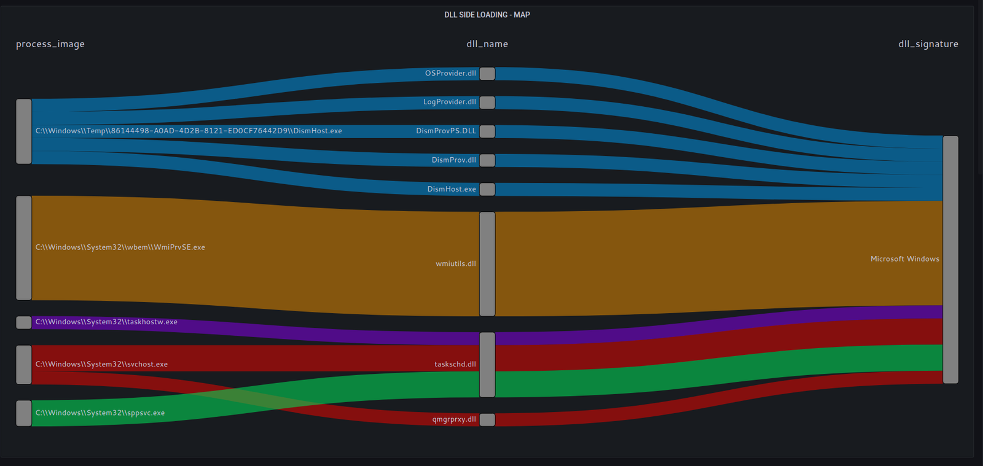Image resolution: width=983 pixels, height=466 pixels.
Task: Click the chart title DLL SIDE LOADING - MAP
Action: (x=487, y=15)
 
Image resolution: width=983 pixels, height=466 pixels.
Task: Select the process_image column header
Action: (x=50, y=44)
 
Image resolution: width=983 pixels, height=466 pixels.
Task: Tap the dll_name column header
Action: (x=487, y=44)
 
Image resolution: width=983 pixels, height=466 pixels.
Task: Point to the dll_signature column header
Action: (x=928, y=44)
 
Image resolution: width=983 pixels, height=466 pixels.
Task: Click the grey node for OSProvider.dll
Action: (x=487, y=74)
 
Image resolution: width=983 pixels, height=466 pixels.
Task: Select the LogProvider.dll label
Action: (x=449, y=102)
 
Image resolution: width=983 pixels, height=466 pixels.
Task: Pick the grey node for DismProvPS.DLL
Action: (x=487, y=131)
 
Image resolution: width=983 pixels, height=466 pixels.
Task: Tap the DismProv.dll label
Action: (x=453, y=160)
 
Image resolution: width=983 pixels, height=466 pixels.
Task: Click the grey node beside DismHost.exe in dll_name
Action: (x=487, y=189)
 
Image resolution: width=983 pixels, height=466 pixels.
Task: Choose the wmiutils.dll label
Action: (x=455, y=264)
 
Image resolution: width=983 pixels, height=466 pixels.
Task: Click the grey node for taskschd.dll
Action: (x=487, y=365)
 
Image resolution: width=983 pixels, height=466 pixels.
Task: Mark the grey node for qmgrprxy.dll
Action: (x=487, y=420)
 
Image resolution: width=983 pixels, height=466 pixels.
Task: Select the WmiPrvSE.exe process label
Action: (x=120, y=247)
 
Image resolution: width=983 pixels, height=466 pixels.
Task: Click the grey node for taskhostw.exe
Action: (x=23, y=322)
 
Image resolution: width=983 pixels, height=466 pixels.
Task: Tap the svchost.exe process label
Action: (x=101, y=364)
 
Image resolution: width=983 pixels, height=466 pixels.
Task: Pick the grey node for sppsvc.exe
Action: (x=23, y=413)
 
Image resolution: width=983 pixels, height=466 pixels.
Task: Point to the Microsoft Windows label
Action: (x=904, y=259)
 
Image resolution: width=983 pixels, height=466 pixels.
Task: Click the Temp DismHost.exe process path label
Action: (x=189, y=131)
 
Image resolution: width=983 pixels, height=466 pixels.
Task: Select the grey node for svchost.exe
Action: (x=23, y=365)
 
